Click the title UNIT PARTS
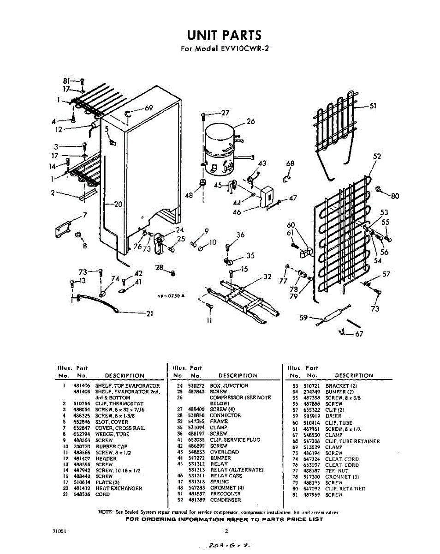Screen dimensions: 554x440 click(224, 36)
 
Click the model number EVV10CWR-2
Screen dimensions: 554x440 click(242, 48)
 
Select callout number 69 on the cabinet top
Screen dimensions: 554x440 click(149, 108)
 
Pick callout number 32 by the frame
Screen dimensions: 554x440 click(267, 277)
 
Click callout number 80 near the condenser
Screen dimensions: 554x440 click(395, 195)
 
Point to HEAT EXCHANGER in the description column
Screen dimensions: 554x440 click(119, 488)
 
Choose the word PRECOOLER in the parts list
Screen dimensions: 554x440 click(225, 494)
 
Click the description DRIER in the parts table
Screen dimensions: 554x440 click(333, 416)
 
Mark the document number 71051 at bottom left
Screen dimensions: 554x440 click(59, 531)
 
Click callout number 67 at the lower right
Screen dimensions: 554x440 click(358, 335)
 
